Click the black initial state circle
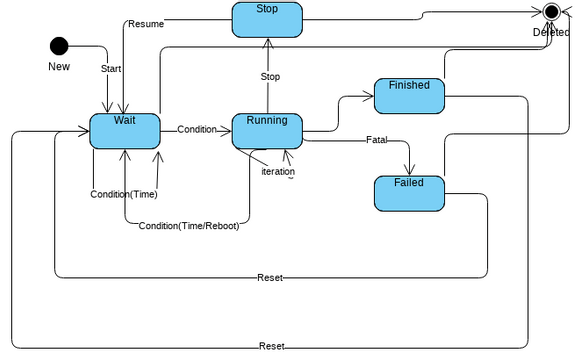pos(59,45)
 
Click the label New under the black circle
pos(59,67)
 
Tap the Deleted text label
pos(551,32)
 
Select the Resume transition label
pos(146,24)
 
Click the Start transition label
pos(111,69)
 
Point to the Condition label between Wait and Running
pos(196,130)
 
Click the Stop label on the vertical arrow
pos(270,76)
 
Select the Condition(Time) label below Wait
pos(123,194)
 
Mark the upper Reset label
pos(270,277)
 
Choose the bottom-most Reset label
pos(271,346)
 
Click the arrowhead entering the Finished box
pos(369,97)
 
